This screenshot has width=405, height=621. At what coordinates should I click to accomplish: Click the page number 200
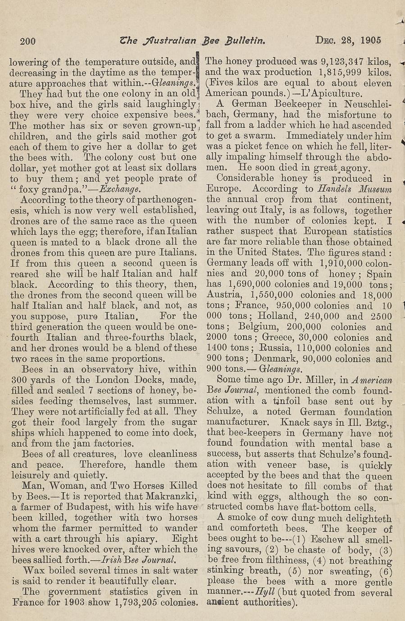click(28, 41)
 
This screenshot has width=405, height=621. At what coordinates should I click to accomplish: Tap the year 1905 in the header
click(371, 40)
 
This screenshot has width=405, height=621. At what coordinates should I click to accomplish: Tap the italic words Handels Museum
click(354, 189)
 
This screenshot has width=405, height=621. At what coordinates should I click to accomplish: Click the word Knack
click(295, 423)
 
